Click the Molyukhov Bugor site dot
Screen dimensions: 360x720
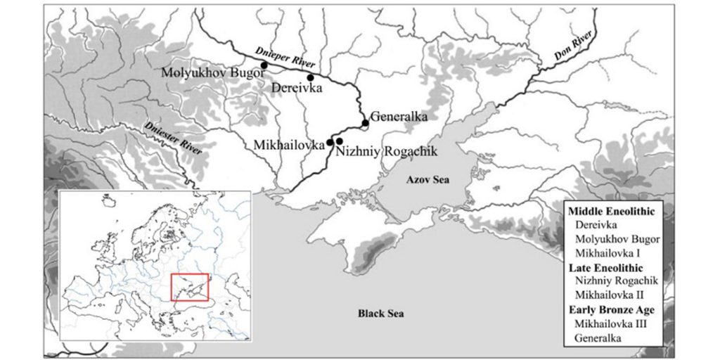point(264,65)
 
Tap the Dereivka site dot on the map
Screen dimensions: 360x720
point(311,77)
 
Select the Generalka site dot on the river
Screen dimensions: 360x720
point(366,124)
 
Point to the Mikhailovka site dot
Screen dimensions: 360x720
point(330,142)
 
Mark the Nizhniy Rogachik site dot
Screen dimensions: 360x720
point(340,141)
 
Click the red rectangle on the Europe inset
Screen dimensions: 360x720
point(190,287)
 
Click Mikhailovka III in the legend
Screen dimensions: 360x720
point(610,323)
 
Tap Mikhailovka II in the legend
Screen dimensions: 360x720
point(609,295)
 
